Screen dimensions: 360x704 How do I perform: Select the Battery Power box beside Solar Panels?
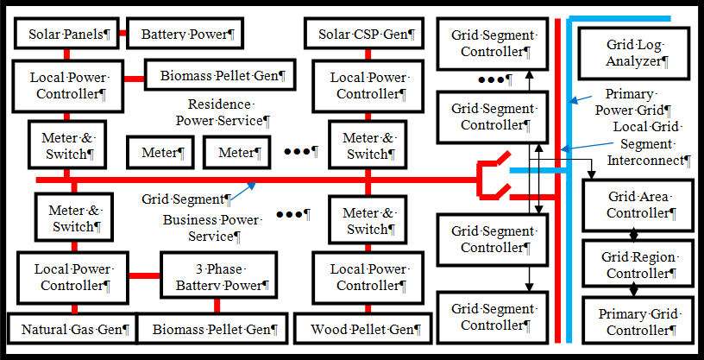pos(185,35)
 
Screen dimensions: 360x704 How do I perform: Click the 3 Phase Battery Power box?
pos(217,276)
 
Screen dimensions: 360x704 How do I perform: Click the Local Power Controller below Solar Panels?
pos(67,85)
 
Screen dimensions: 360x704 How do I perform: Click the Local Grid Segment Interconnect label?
pos(647,143)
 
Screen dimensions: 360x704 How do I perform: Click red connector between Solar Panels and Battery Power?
pos(123,35)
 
